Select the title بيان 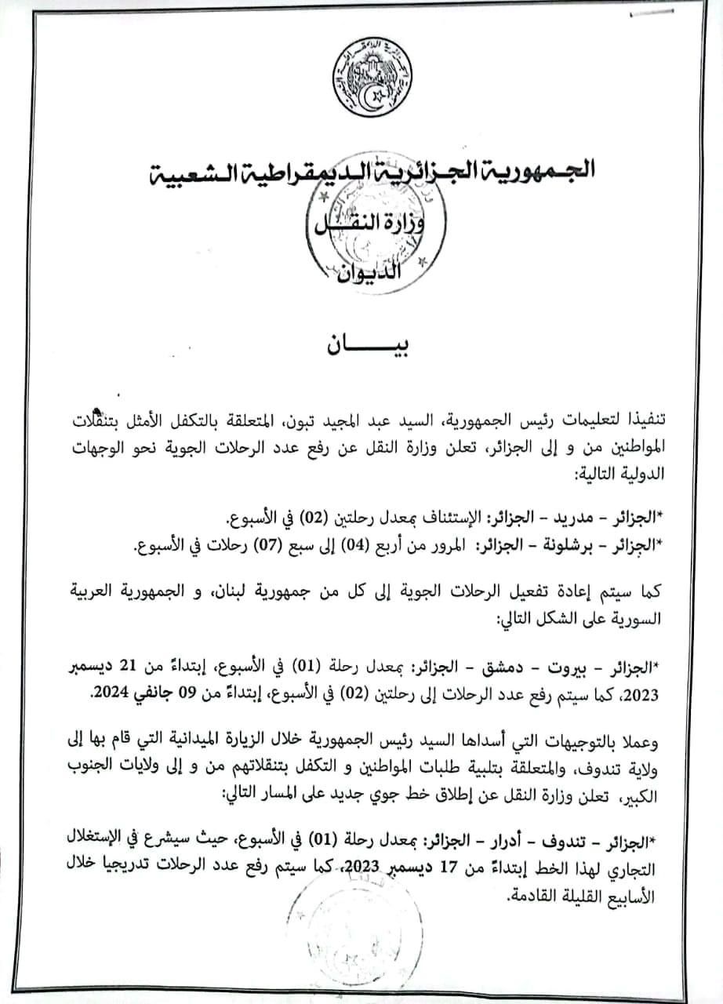361,346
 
